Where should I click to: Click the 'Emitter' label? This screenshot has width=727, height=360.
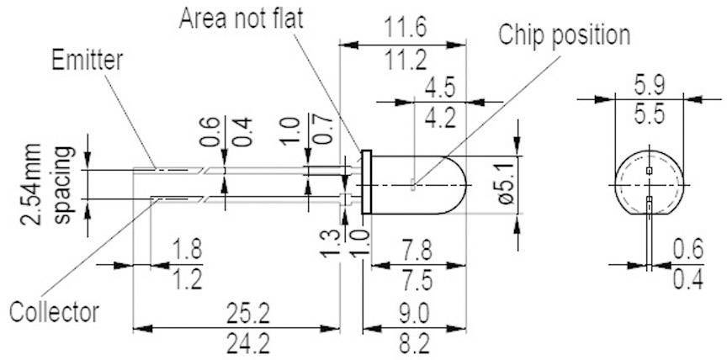tap(87, 61)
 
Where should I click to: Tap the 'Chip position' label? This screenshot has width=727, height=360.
tap(564, 34)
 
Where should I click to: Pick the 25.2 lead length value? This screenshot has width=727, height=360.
tap(248, 313)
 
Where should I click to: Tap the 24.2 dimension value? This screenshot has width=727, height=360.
tap(248, 343)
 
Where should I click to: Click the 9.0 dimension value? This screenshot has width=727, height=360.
tap(414, 313)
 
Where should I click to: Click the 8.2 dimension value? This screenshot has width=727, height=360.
tap(414, 343)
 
